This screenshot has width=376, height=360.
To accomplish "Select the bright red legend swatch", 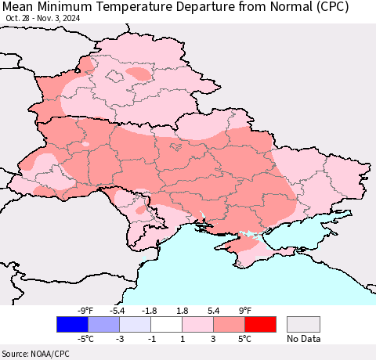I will point(260,324).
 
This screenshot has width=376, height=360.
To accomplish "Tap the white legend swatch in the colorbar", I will point(166,324).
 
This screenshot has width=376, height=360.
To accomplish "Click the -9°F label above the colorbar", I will point(86,310).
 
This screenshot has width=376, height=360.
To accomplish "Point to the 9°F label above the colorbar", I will point(245,310).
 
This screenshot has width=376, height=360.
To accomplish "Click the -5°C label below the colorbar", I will point(86,339).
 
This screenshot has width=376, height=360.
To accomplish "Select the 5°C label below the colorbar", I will point(245,339).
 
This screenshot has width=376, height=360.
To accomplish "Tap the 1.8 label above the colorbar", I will point(182,310).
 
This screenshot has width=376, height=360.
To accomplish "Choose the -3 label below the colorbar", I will point(119,339).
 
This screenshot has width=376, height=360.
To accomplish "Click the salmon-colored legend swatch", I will point(229,324).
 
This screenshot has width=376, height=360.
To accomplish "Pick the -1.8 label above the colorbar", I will point(150,310).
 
